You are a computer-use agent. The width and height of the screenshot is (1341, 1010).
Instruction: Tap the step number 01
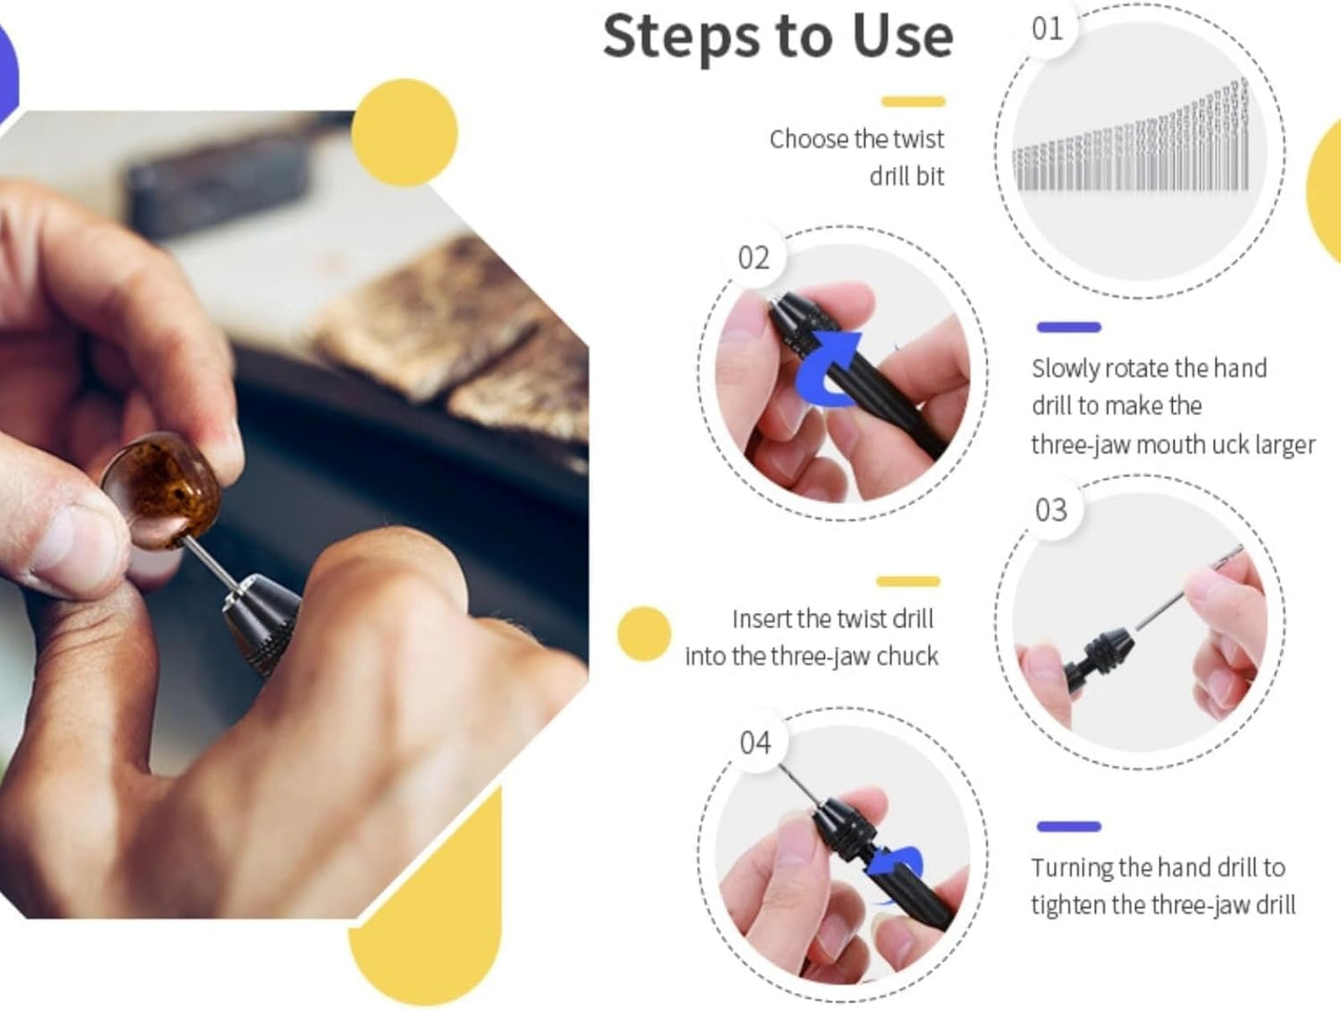[1047, 29]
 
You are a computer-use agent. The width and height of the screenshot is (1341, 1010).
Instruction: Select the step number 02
[754, 258]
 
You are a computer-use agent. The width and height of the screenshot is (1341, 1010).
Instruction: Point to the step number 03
[1051, 511]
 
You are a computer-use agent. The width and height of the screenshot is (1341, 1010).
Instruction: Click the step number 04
[755, 743]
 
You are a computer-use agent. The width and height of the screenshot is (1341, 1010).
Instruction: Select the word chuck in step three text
[908, 656]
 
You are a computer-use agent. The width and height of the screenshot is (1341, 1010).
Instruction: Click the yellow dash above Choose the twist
[913, 101]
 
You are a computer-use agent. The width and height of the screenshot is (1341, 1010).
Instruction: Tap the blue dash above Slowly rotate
[1068, 327]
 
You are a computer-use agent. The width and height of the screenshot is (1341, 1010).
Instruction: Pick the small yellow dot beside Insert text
[644, 634]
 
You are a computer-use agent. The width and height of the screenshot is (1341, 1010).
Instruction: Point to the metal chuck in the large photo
[260, 623]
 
